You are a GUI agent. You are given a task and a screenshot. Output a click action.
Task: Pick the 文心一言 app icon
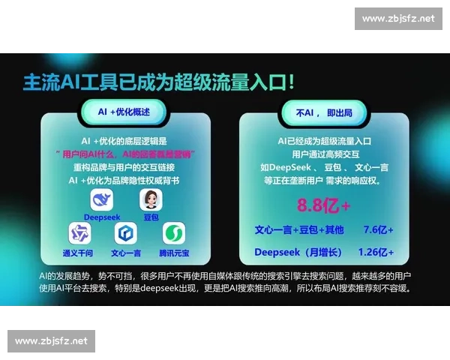pyautogui.click(x=126, y=234)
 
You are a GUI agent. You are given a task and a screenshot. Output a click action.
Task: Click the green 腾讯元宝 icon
pyautogui.click(x=174, y=234)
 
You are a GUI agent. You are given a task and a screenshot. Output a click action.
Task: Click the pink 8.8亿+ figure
pyautogui.click(x=323, y=205)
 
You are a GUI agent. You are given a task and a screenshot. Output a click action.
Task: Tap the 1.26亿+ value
pyautogui.click(x=376, y=252)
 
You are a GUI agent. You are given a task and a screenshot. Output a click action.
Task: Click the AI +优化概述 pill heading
pyautogui.click(x=124, y=111)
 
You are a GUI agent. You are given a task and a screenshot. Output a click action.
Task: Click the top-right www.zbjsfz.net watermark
pyautogui.click(x=397, y=19)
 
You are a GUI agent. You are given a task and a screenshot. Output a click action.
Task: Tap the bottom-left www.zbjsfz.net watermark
pyautogui.click(x=51, y=341)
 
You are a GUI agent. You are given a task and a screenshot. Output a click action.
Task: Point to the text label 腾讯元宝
pyautogui.click(x=174, y=253)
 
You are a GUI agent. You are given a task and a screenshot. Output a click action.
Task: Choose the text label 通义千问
pyautogui.click(x=78, y=253)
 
